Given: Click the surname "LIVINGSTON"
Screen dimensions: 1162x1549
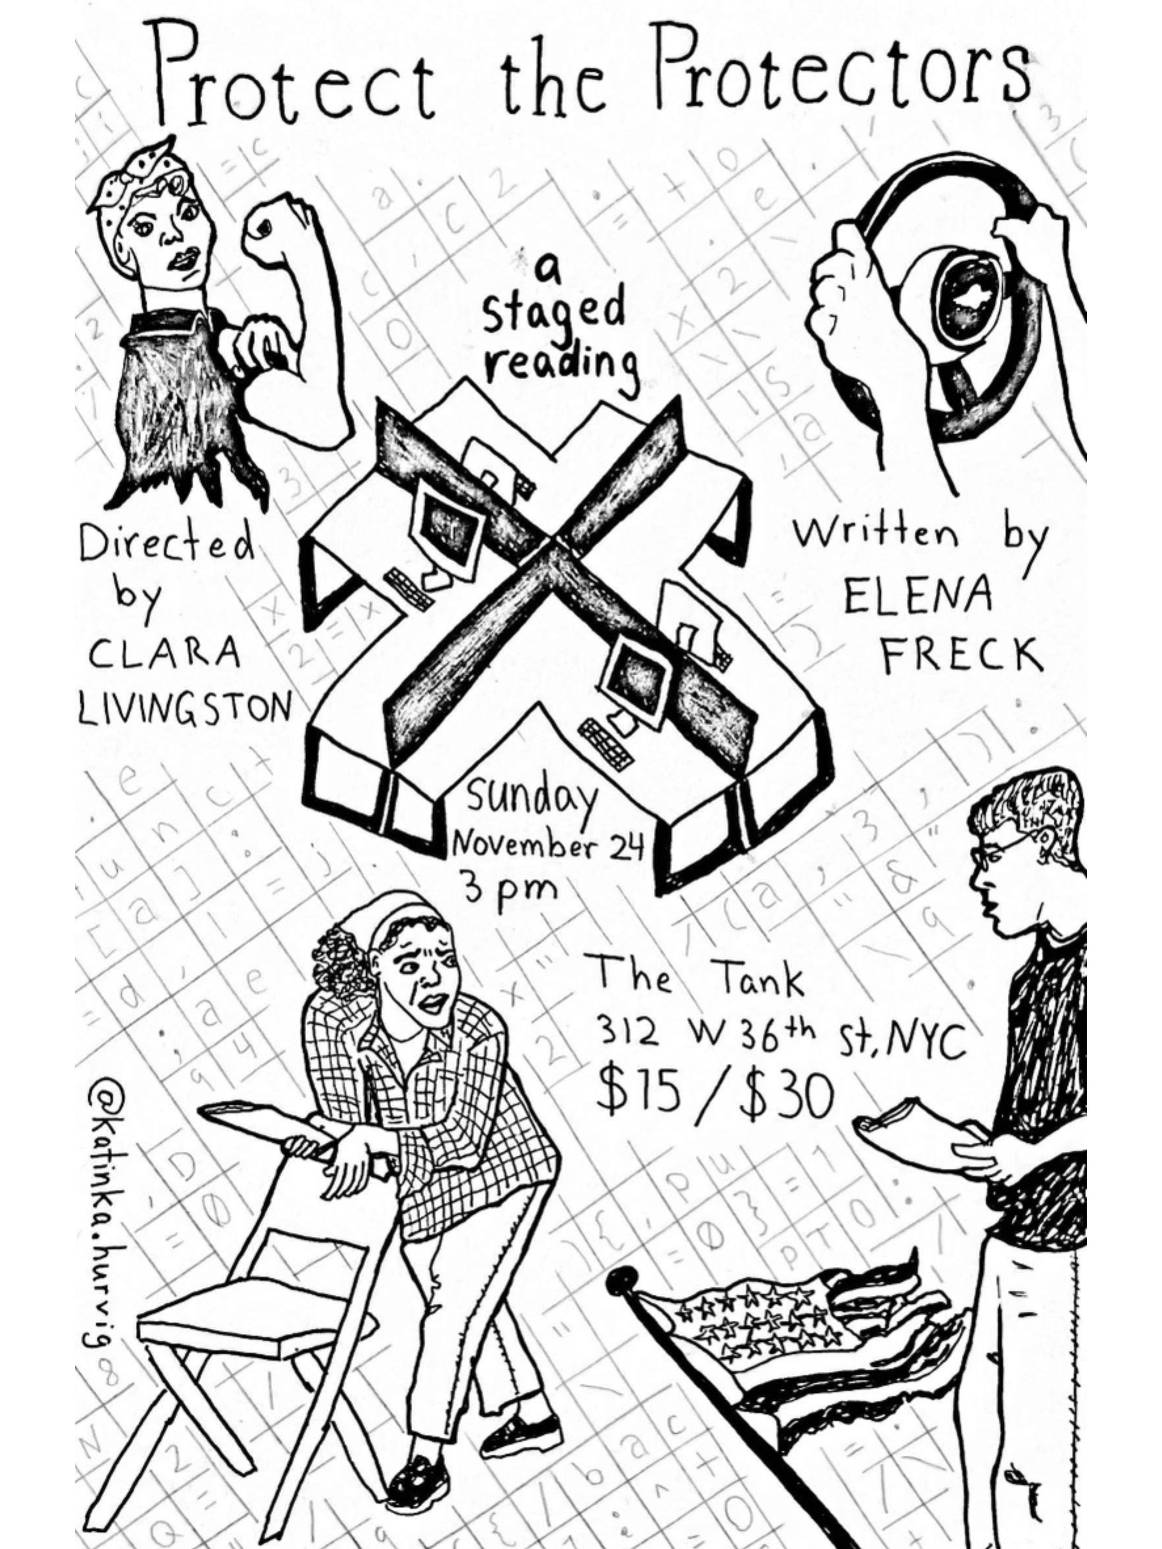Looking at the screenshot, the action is coord(184,707).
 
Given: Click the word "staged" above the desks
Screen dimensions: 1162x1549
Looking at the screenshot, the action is coord(553,312).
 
